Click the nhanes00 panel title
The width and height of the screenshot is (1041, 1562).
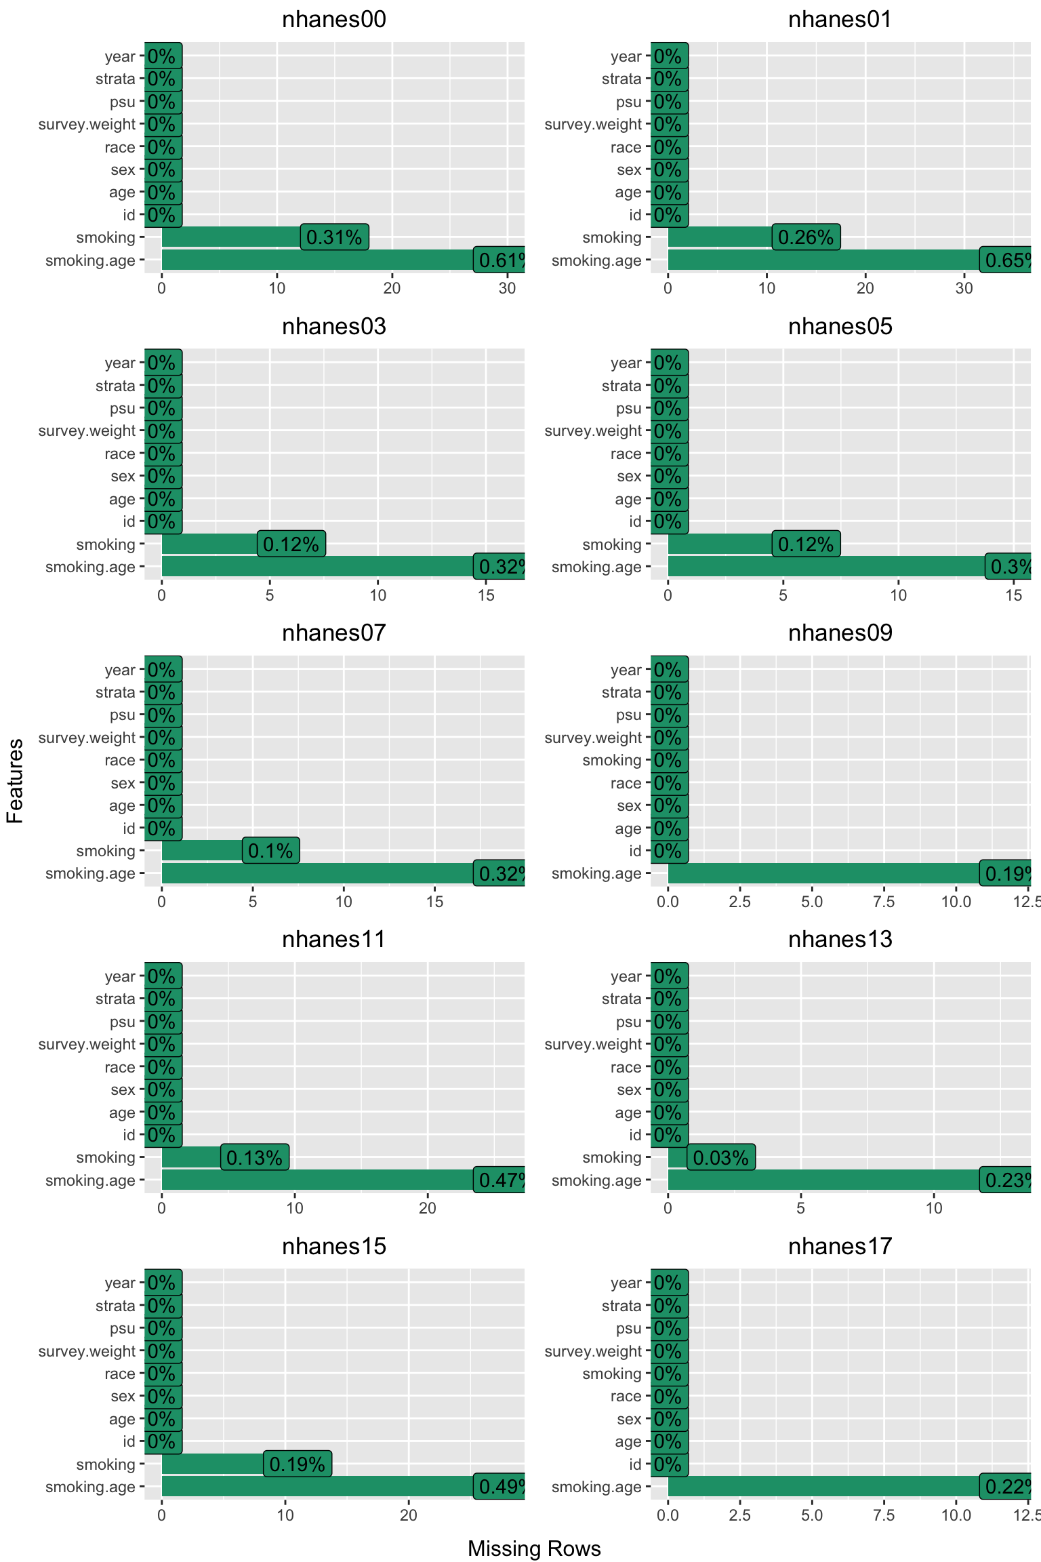pyautogui.click(x=333, y=20)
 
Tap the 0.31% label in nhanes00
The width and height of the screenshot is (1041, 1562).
pyautogui.click(x=334, y=237)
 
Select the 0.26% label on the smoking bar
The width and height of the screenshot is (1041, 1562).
pyautogui.click(x=806, y=237)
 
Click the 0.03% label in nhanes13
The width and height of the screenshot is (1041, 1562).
pyautogui.click(x=721, y=1157)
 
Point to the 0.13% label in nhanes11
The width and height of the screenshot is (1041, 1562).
pyautogui.click(x=255, y=1157)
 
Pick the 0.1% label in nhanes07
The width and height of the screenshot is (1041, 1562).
pyautogui.click(x=270, y=851)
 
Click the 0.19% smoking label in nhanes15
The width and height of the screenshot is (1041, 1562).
pyautogui.click(x=298, y=1464)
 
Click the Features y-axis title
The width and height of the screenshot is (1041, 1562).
pyautogui.click(x=15, y=781)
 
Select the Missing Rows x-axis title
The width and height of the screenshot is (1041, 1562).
pyautogui.click(x=534, y=1548)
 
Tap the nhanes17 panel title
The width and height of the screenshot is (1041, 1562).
pyautogui.click(x=840, y=1246)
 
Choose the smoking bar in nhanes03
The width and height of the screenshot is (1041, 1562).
pyautogui.click(x=209, y=544)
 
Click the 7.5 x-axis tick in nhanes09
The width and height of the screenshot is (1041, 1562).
pyautogui.click(x=884, y=902)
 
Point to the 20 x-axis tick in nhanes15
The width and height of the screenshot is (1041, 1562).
pyautogui.click(x=409, y=1515)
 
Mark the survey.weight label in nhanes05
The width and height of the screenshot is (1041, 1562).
pyautogui.click(x=592, y=431)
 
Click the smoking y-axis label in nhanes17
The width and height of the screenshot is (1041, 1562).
pyautogui.click(x=611, y=1374)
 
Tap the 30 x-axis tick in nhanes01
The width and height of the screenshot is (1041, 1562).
pyautogui.click(x=964, y=288)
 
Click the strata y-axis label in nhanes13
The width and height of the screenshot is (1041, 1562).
pyautogui.click(x=621, y=999)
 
